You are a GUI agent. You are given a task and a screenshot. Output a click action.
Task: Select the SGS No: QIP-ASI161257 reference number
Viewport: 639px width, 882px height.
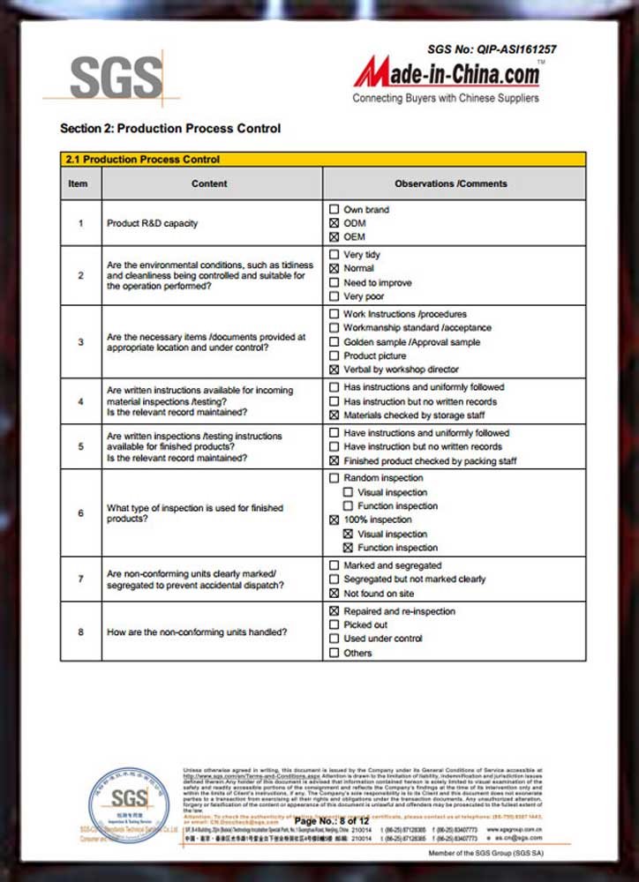(x=492, y=50)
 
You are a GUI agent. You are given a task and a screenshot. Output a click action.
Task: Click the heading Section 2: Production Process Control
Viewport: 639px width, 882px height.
(x=170, y=128)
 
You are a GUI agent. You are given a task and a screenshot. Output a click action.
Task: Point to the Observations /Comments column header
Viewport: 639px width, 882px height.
(x=451, y=183)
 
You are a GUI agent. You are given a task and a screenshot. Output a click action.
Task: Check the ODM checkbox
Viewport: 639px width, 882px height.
(x=334, y=223)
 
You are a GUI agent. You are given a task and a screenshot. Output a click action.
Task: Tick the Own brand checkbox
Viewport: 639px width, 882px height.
(x=334, y=210)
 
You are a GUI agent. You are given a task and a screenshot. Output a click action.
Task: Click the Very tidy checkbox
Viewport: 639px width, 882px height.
(x=334, y=254)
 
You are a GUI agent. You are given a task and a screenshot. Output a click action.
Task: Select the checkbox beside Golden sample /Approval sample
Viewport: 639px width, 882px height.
(x=334, y=341)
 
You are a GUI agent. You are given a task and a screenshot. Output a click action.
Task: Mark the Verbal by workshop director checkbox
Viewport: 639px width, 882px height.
(x=334, y=370)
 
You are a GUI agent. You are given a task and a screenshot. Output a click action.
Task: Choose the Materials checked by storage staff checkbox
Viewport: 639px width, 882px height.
(x=334, y=415)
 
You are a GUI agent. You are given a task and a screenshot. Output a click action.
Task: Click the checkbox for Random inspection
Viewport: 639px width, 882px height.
(x=334, y=478)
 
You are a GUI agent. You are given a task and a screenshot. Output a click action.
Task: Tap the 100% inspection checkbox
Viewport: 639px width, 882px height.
(x=334, y=520)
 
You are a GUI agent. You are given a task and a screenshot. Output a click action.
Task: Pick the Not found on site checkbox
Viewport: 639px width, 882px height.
(x=334, y=594)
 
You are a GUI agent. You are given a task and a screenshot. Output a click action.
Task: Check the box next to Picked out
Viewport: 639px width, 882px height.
(x=334, y=624)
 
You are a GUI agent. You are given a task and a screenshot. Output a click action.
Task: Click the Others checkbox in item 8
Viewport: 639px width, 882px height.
(x=334, y=653)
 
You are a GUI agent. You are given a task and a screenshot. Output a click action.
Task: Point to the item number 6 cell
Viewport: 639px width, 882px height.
(x=80, y=513)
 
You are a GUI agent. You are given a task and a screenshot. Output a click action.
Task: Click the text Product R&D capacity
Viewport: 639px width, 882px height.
(x=152, y=223)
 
